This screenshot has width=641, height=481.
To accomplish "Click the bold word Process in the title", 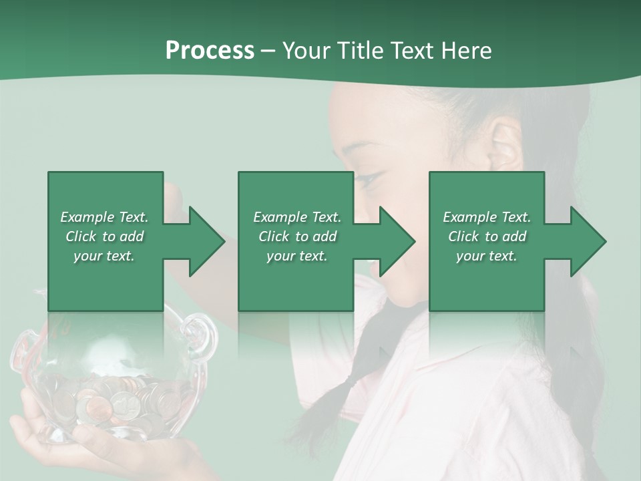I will (210, 51).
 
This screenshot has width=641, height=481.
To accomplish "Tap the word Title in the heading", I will (361, 51).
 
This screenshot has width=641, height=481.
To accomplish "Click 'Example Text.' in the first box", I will (104, 217).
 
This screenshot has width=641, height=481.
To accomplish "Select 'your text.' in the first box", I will (104, 256).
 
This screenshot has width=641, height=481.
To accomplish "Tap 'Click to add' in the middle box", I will (297, 236).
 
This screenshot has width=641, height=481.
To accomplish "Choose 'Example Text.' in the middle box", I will (297, 217).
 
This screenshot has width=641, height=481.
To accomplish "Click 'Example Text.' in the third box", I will (487, 217).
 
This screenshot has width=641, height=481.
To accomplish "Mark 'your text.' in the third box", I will (487, 256).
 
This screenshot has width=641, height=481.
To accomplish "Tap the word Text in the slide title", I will (413, 51).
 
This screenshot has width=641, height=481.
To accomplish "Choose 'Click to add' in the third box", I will (487, 236).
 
